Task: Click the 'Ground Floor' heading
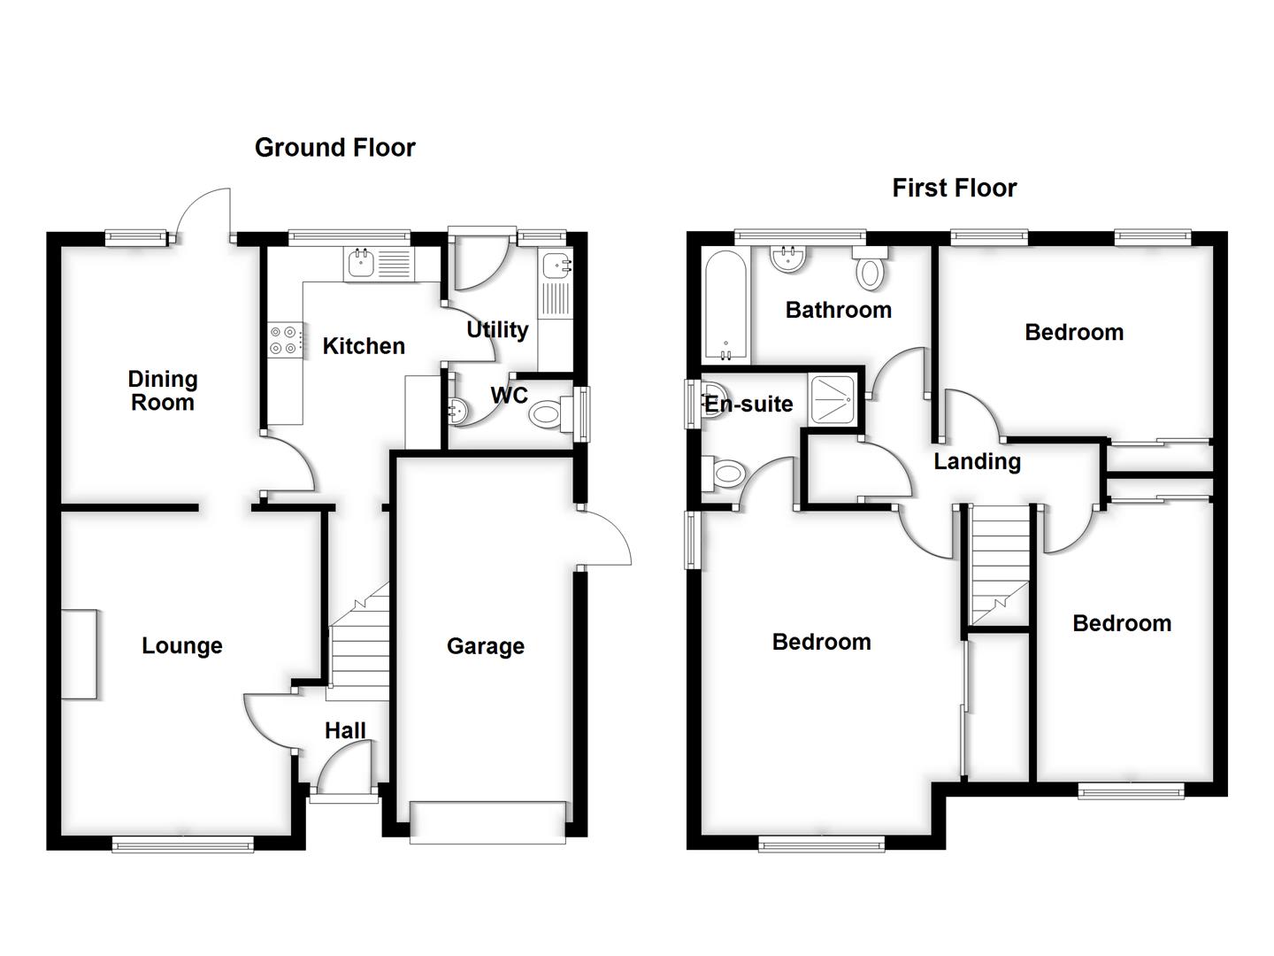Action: (x=334, y=147)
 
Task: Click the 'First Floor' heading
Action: (x=954, y=188)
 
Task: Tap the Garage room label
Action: (x=485, y=646)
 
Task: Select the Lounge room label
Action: (x=181, y=645)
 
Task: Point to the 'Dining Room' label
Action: (x=162, y=390)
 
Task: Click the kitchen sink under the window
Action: (x=362, y=263)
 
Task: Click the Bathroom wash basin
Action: (x=788, y=258)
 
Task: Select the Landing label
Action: (x=977, y=461)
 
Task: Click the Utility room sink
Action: (x=556, y=263)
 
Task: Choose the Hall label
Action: (x=344, y=730)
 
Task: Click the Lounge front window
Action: (x=183, y=845)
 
